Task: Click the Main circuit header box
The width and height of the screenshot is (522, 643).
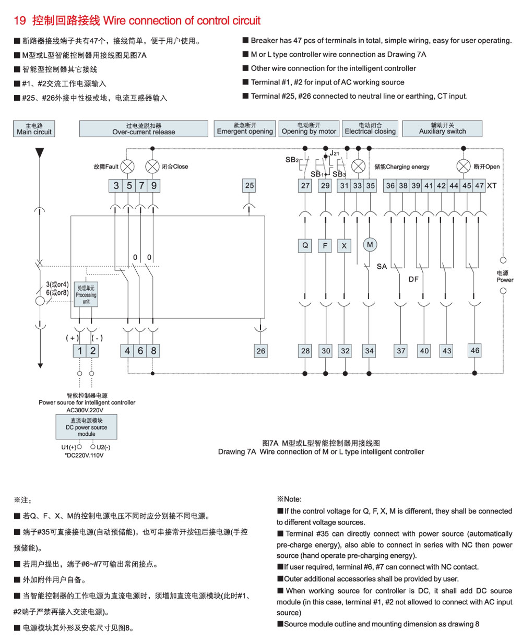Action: coord(34,128)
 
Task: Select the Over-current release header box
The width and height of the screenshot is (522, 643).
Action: coord(144,128)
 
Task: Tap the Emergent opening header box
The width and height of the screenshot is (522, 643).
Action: coord(244,128)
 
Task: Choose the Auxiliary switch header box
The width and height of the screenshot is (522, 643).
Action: coord(442,128)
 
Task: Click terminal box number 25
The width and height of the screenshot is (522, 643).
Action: coord(249,185)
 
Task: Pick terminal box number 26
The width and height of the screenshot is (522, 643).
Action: coord(260,351)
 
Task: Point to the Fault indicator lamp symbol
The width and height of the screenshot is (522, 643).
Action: coord(127,166)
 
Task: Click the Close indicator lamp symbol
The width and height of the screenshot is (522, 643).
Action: coord(152,166)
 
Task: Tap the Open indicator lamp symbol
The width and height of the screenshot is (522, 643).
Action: coord(464,166)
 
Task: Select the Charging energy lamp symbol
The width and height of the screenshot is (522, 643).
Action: coord(359,166)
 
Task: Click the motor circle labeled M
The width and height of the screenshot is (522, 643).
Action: coord(370,245)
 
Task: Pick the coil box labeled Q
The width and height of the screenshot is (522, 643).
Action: coord(305,246)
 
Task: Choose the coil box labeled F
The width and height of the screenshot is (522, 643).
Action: coord(325,246)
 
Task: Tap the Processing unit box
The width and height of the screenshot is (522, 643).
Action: coord(86,294)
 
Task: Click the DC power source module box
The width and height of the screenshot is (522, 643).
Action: coord(86,427)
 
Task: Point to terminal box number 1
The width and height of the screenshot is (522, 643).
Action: coord(80,351)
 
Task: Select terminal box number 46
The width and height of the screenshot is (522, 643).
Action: coord(474,351)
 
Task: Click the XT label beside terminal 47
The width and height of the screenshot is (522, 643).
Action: coord(492,186)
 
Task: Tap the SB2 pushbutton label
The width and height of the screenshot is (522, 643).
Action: coord(292,160)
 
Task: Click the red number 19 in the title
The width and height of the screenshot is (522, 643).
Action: coord(20,20)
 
